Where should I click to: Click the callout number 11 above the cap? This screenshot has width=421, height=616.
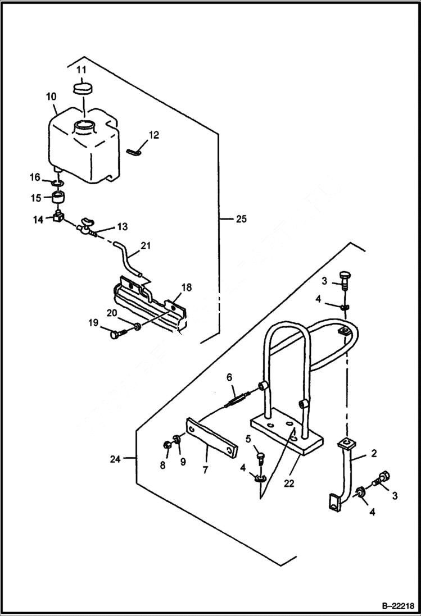[82, 70]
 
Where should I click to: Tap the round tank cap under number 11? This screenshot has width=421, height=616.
[83, 89]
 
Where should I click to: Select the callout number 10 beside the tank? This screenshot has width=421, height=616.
[51, 97]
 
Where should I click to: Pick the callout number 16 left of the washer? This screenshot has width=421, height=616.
[35, 177]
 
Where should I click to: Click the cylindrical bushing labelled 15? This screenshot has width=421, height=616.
[59, 198]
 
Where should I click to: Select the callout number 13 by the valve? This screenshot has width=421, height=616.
[122, 227]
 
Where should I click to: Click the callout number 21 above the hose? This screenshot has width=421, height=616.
[146, 245]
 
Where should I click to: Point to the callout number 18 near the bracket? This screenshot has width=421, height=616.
[186, 288]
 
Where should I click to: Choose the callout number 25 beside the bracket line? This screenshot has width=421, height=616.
[241, 219]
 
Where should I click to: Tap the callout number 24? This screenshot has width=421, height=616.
[116, 458]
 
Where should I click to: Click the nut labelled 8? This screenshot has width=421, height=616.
[167, 445]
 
